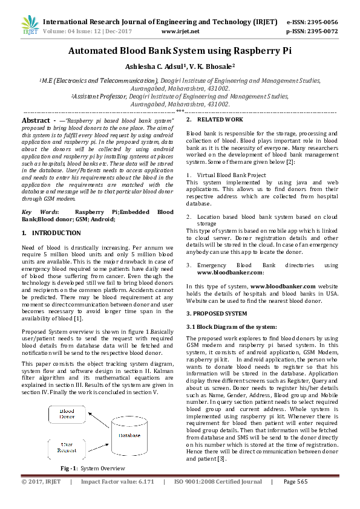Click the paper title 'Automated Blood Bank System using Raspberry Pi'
point(180,52)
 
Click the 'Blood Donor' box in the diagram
point(67,414)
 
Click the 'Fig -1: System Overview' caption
point(93,468)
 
